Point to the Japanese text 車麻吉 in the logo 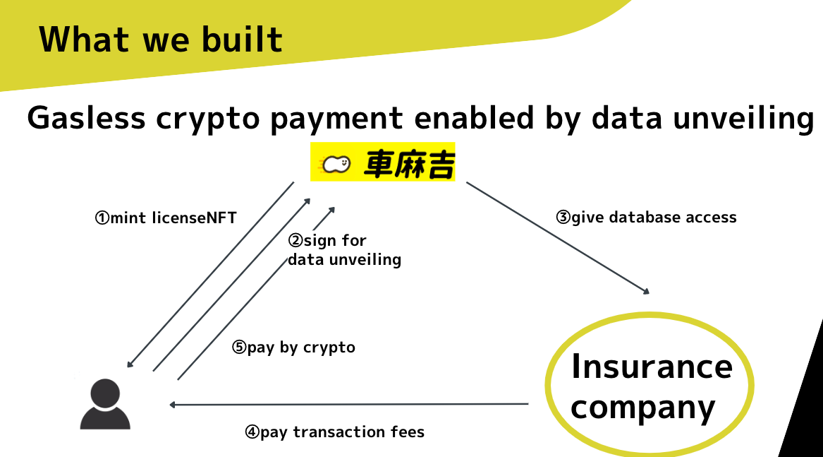[408, 164]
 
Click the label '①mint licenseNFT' [165, 218]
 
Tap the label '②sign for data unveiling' [343, 250]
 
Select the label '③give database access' [646, 217]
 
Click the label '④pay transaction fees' [334, 432]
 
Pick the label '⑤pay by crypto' [293, 348]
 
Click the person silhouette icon [105, 404]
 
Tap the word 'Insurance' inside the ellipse [652, 366]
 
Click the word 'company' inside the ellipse [642, 407]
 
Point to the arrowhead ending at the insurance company [645, 291]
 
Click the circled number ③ [563, 218]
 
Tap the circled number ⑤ [239, 348]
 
